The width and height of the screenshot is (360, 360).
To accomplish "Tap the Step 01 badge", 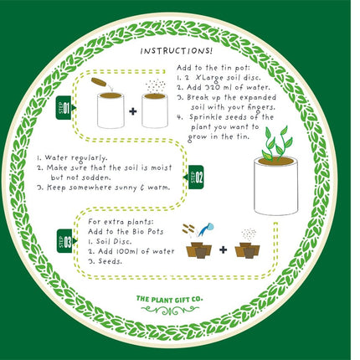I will point(68,109).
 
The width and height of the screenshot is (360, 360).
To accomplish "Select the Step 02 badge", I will point(193,177).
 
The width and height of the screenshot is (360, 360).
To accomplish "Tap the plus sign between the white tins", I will point(132,111).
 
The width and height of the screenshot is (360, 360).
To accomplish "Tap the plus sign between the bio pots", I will point(224,249).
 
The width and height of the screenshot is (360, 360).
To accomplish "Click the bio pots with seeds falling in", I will point(248,249).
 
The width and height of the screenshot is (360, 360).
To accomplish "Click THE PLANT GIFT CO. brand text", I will point(177,297).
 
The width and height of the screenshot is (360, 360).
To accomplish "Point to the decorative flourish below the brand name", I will point(178,310).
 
